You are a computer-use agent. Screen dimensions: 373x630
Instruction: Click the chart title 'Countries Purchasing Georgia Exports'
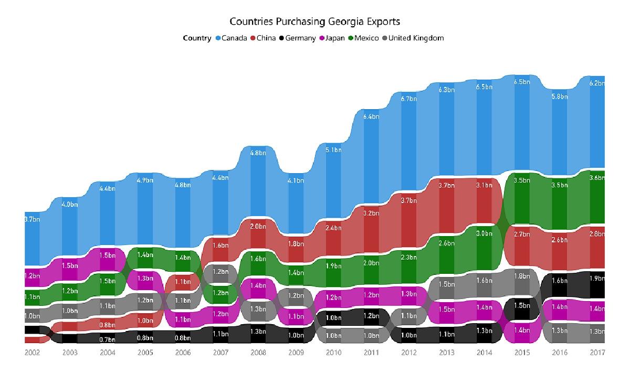[315, 22]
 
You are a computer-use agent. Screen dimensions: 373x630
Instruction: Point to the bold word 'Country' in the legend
[197, 38]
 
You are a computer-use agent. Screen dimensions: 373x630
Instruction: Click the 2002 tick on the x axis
[32, 353]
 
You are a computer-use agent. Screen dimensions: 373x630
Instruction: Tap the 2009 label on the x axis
[296, 353]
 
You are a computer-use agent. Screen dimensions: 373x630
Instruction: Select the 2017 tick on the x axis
[597, 353]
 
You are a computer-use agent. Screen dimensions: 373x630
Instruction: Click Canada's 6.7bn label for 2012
[408, 99]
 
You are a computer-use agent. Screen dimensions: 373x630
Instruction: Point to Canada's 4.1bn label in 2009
[296, 181]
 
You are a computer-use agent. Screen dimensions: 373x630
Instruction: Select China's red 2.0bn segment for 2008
[258, 226]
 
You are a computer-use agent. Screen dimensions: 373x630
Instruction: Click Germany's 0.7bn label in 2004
[107, 339]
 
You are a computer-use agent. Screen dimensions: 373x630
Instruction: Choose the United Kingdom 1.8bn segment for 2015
[522, 276]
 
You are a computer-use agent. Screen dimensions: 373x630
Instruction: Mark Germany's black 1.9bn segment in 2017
[597, 279]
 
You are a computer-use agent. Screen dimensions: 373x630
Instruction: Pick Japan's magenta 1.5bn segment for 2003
[70, 266]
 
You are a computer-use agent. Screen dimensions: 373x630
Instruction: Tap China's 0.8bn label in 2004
[107, 325]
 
